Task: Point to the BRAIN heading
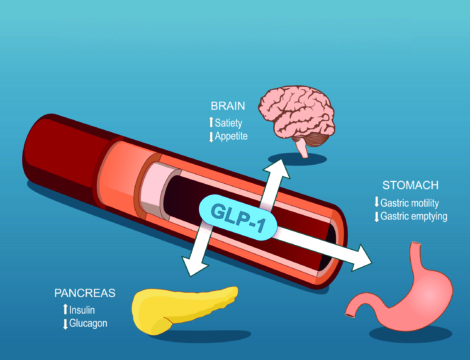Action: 228,105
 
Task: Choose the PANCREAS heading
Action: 85,294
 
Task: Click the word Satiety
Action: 233,122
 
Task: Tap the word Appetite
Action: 235,135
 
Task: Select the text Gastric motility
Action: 412,203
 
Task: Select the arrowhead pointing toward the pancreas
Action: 189,267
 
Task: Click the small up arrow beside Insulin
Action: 65,311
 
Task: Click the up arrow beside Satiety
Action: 212,122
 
